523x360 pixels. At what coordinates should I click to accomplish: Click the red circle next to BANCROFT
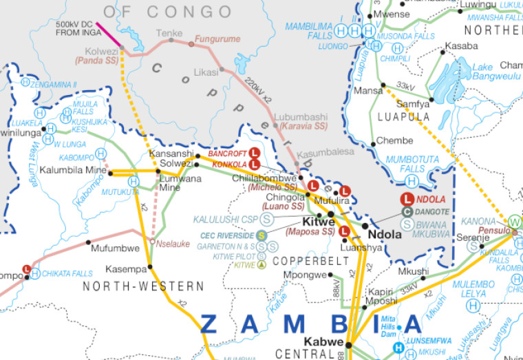(254, 153)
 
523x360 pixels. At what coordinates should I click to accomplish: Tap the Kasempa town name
(126, 268)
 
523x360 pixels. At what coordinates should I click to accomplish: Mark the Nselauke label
(173, 243)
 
